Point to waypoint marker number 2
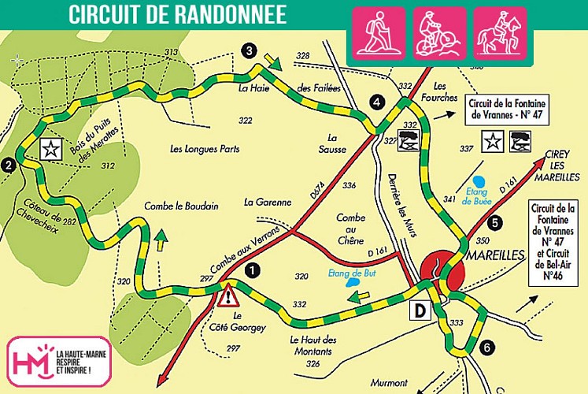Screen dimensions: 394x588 (x=9, y=165)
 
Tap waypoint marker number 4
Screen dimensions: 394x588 (x=378, y=102)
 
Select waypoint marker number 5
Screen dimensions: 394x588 (x=494, y=223)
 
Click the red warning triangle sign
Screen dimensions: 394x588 (x=228, y=296)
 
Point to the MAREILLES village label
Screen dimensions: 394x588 (x=492, y=257)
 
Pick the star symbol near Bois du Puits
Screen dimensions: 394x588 (x=50, y=148)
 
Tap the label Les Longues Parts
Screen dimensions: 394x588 (x=204, y=148)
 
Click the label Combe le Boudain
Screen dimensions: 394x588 (x=180, y=206)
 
